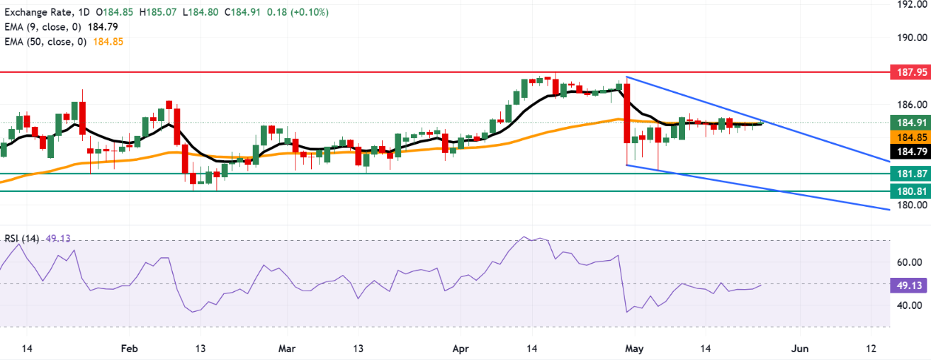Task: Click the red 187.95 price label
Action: pyautogui.click(x=910, y=72)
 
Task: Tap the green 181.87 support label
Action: pyautogui.click(x=910, y=174)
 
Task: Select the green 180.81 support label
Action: pyautogui.click(x=910, y=191)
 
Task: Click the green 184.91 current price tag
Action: pyautogui.click(x=910, y=123)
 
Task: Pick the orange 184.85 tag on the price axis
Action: pyautogui.click(x=910, y=137)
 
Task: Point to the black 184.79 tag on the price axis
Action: pyautogui.click(x=910, y=152)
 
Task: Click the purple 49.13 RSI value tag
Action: pyautogui.click(x=909, y=286)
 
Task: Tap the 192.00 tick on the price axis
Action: pyautogui.click(x=912, y=4)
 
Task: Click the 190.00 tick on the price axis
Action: pyautogui.click(x=912, y=38)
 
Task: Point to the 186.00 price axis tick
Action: pyautogui.click(x=912, y=105)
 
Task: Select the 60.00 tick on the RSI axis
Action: pyautogui.click(x=909, y=262)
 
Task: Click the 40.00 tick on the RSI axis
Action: pyautogui.click(x=909, y=305)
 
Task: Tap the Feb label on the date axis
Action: pyautogui.click(x=129, y=349)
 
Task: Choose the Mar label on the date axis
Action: pyautogui.click(x=287, y=349)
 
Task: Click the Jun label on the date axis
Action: pyautogui.click(x=800, y=349)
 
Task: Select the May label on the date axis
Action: pyautogui.click(x=634, y=349)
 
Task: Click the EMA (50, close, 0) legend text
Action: pyautogui.click(x=46, y=42)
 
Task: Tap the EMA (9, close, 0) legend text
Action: pyautogui.click(x=43, y=27)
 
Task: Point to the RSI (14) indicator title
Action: pyautogui.click(x=22, y=239)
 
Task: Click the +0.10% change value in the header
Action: pyautogui.click(x=310, y=12)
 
